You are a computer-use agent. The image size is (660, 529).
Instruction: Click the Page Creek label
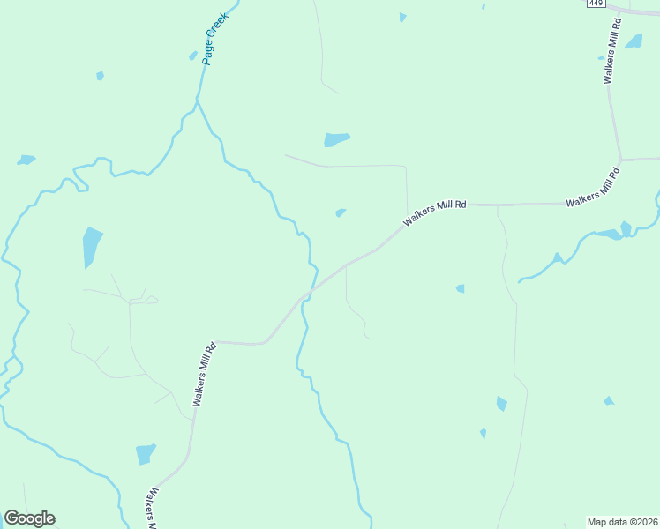(214, 38)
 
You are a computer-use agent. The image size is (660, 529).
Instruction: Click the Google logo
(29, 518)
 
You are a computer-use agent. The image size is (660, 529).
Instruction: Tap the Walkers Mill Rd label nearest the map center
(434, 212)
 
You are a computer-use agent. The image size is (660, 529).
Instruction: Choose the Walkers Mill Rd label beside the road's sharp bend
(204, 374)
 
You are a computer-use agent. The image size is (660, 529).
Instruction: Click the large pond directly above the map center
(336, 139)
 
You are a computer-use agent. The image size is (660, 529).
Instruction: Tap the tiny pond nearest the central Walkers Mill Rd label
(341, 212)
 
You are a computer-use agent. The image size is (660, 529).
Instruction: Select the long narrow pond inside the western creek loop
(91, 246)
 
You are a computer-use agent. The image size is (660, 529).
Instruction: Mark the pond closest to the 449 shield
(634, 41)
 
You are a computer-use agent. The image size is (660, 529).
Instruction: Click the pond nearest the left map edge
(26, 160)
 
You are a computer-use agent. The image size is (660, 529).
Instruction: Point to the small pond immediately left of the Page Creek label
(192, 56)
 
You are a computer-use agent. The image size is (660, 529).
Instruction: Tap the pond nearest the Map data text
(608, 401)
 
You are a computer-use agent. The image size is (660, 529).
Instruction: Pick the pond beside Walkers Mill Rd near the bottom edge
(146, 454)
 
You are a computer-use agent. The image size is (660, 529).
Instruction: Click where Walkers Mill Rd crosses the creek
(309, 293)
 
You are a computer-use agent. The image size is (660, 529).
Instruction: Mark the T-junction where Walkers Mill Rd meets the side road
(621, 160)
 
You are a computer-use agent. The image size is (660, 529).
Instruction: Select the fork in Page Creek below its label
(197, 101)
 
